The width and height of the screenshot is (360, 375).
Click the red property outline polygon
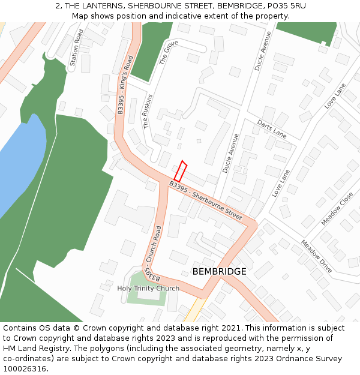pos(181,171)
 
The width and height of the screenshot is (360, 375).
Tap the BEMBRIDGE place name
pos(219,272)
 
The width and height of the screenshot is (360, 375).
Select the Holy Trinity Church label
pos(148,289)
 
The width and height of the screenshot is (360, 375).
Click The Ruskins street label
pos(148,111)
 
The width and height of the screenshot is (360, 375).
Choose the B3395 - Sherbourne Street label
pos(205,199)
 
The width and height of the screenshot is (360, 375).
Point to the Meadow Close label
pos(337,208)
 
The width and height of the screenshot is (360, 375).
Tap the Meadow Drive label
pos(316,256)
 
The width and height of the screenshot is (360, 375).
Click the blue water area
pos(21,162)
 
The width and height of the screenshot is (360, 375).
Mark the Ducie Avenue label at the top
pos(263,51)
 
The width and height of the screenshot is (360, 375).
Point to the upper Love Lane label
pos(335,96)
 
